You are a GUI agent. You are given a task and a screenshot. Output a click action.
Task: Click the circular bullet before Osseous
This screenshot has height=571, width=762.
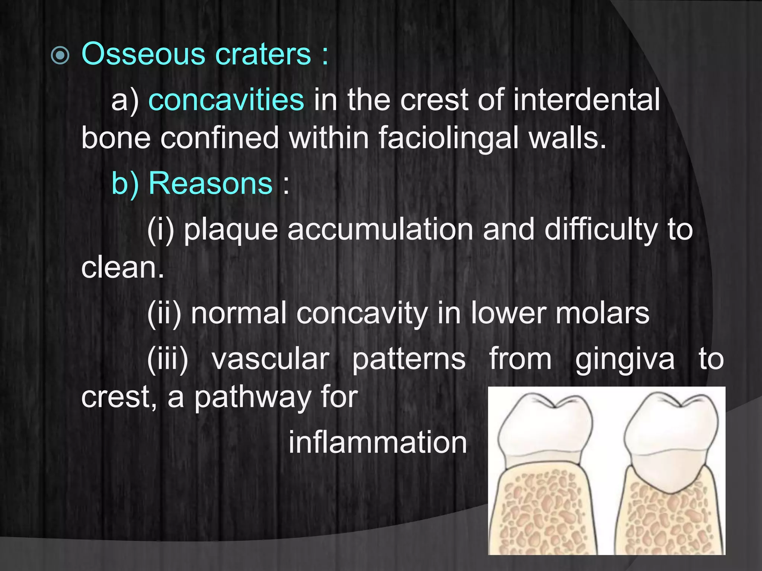coord(60,56)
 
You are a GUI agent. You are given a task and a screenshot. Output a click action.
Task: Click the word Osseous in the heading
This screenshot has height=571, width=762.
coord(143,54)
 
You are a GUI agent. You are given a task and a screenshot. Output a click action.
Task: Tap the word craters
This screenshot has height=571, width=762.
coord(263,54)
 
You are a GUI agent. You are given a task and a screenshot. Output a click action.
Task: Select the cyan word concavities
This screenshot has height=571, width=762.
coord(226,100)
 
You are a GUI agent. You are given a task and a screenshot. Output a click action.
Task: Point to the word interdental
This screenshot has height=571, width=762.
coord(586,100)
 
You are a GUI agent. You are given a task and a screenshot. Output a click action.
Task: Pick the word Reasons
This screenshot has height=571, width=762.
coord(210,183)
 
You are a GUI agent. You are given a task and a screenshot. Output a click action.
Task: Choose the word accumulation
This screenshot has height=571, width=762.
coord(380,229)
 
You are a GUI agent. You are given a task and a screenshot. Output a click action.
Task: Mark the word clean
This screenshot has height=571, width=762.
coord(122,267)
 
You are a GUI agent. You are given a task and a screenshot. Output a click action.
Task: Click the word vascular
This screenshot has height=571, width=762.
coord(270,359)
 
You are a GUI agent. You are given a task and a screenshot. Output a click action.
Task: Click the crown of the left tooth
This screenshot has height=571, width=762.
coord(544,428)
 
